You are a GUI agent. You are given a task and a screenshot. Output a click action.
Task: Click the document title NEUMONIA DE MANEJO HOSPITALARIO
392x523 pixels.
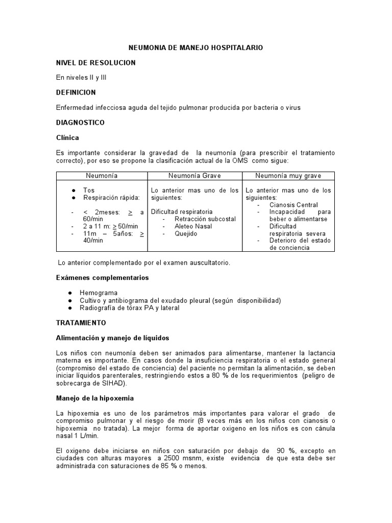195,47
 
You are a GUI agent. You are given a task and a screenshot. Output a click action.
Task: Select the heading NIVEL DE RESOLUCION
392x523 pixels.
95,62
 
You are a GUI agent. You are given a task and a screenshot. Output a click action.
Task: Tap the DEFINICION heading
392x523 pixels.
76,92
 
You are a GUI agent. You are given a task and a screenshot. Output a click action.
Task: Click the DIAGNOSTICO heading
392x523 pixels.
80,123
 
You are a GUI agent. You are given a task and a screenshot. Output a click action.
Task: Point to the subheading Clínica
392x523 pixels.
67,138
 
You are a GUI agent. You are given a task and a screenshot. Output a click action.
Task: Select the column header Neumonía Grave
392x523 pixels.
194,176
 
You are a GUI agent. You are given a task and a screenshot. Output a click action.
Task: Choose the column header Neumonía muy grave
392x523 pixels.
288,176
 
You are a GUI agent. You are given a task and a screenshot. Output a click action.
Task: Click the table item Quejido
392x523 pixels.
185,233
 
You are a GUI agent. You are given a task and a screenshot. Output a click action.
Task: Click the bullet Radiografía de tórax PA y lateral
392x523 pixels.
130,308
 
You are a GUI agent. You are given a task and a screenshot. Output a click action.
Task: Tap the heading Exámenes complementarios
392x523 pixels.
102,278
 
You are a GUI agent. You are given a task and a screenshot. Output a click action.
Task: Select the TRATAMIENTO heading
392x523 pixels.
81,323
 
